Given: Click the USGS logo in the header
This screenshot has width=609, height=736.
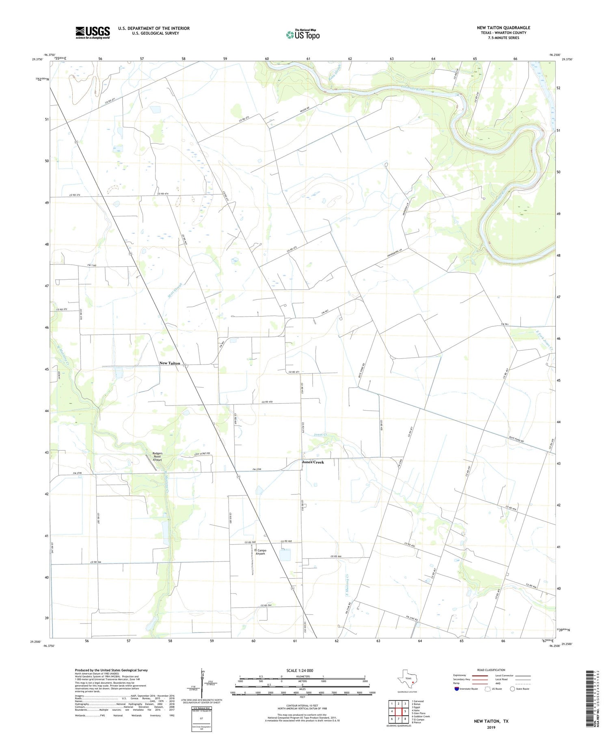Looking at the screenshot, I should click(x=93, y=32).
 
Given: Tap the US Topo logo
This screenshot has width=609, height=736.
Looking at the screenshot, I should click(x=303, y=35).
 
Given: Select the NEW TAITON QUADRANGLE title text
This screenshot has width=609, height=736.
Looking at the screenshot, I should click(x=503, y=28).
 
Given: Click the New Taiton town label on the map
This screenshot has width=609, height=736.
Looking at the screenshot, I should click(x=170, y=363).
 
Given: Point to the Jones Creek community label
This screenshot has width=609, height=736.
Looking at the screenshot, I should click(x=313, y=462).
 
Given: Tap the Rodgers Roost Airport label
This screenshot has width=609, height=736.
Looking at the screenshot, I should click(x=157, y=456).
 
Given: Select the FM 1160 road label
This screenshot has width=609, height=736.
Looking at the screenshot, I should click(x=92, y=265).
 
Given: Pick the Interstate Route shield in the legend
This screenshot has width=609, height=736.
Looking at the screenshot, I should click(x=457, y=689).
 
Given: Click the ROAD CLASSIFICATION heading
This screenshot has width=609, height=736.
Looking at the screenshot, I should click(x=491, y=670).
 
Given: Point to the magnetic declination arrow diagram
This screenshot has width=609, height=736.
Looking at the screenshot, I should click(x=202, y=682).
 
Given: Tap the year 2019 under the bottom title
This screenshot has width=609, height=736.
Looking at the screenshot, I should click(x=491, y=726).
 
